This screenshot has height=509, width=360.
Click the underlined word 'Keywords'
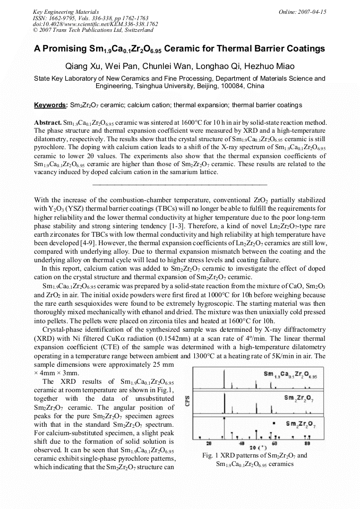pyautogui.click(x=50, y=105)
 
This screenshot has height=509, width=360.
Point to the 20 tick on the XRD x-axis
pyautogui.click(x=209, y=443)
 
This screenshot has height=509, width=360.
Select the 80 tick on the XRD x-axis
pyautogui.click(x=307, y=443)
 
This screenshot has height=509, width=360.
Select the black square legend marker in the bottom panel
pyautogui.click(x=273, y=424)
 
